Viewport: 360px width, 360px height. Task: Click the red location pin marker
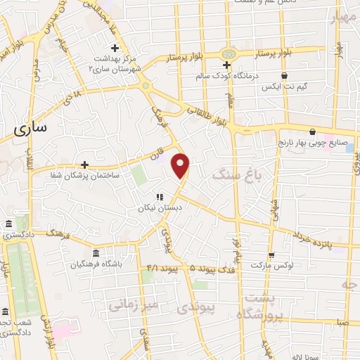click(x=181, y=165)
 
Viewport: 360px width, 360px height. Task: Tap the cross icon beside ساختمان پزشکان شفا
click(x=85, y=164)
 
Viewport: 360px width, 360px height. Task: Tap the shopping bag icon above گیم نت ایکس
click(x=284, y=76)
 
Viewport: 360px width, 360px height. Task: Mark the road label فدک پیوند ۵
click(x=212, y=268)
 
